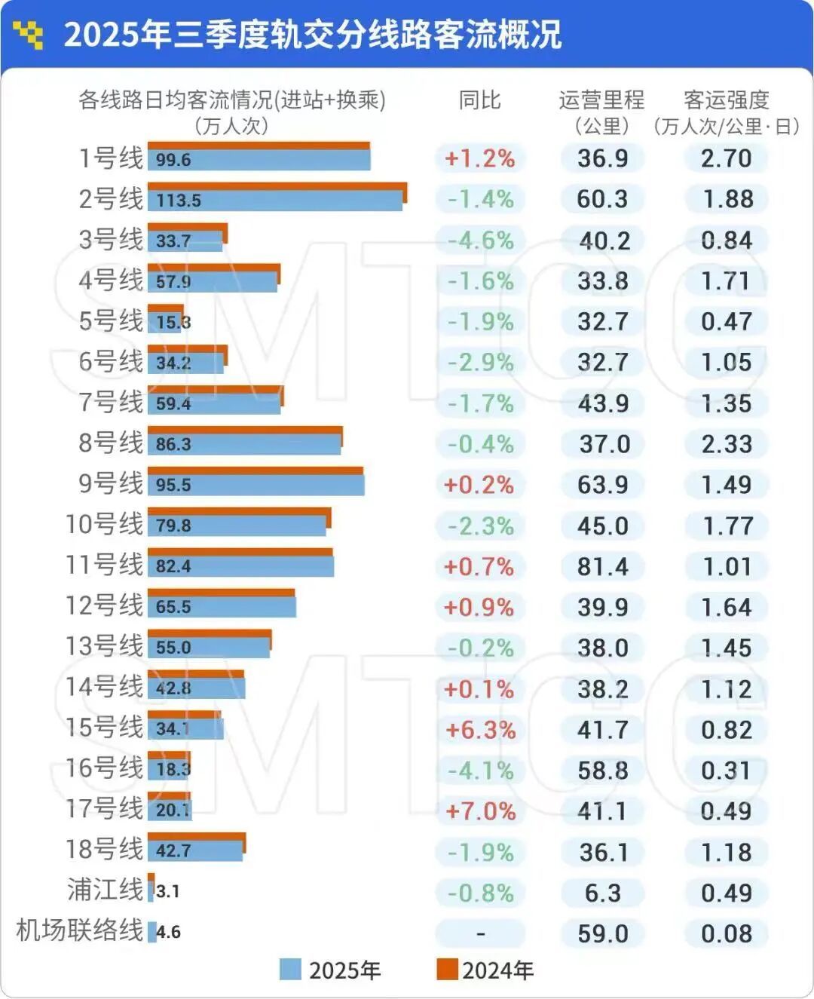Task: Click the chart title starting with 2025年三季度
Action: (312, 35)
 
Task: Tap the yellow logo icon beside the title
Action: (29, 35)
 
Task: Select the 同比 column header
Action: (480, 100)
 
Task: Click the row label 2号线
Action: (111, 199)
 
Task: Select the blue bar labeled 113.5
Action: (275, 201)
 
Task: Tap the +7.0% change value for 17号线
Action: (481, 811)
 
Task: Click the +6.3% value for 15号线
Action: (481, 730)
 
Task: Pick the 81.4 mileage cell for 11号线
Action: (602, 566)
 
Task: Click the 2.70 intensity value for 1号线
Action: (726, 158)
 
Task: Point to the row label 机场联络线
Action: (79, 930)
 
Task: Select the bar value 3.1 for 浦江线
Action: (167, 891)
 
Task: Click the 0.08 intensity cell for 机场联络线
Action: (726, 933)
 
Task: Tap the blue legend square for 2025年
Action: (290, 970)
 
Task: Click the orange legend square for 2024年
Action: (448, 970)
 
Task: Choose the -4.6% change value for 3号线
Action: (481, 241)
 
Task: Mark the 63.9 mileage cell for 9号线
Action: (602, 485)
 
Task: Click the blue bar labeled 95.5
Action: (256, 485)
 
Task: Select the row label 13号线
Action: (104, 646)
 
